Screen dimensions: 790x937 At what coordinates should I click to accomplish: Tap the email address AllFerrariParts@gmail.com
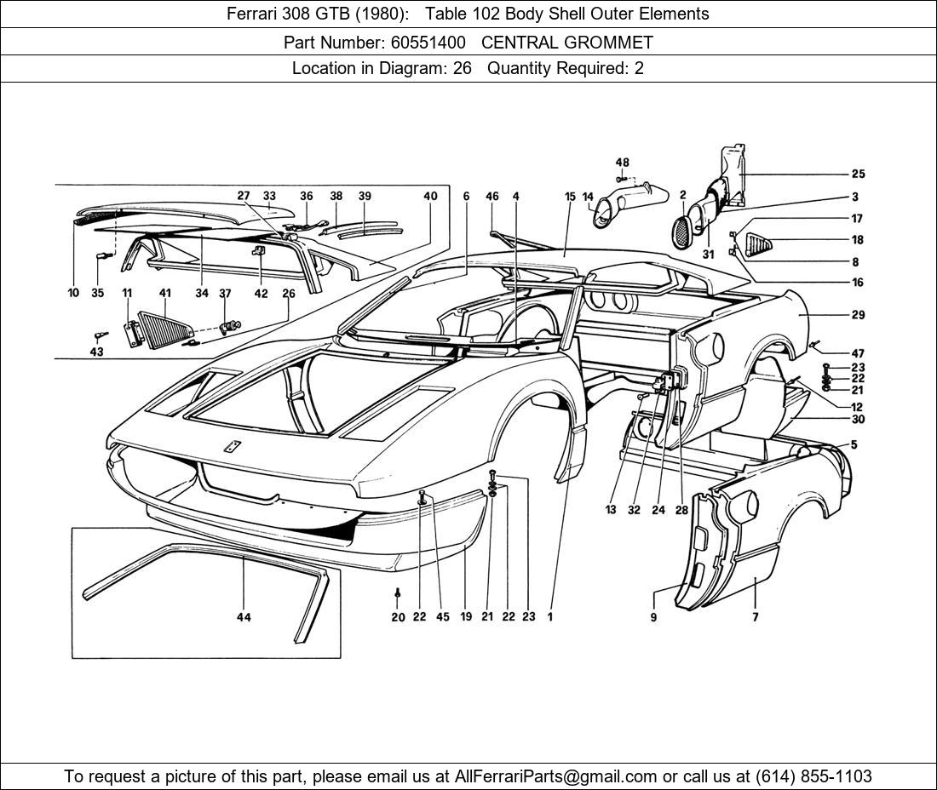coord(556,776)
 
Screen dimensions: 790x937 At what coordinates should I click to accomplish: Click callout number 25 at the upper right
coord(858,175)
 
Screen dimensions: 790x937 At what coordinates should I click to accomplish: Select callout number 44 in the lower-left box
coord(244,617)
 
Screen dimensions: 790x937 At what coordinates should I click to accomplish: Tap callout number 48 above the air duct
coord(622,163)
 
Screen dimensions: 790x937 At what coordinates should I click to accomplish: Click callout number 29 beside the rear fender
coord(858,315)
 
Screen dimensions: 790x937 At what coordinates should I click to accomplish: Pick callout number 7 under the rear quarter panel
coord(755,617)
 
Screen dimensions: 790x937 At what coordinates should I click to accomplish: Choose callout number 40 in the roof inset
coord(430,197)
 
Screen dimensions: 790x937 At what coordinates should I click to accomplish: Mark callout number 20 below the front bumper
coord(398,617)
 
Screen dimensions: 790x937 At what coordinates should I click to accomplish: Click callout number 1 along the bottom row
coord(550,617)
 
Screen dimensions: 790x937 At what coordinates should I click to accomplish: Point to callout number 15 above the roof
coord(570,197)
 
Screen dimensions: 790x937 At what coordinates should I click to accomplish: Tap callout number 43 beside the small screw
coord(97,352)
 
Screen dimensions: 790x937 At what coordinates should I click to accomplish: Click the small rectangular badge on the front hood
coord(230,446)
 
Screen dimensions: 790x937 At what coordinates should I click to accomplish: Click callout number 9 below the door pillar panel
coord(654,617)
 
